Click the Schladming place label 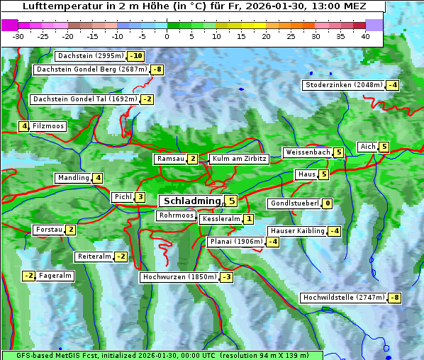click(x=191, y=201)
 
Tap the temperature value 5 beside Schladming click(x=232, y=201)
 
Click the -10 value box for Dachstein click(x=137, y=56)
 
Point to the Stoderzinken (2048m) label click(x=344, y=85)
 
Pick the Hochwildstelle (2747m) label click(x=344, y=298)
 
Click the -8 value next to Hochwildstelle click(x=395, y=298)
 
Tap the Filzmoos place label click(x=48, y=126)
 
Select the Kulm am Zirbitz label click(x=240, y=159)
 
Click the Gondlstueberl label click(x=294, y=203)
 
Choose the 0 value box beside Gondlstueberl click(x=327, y=203)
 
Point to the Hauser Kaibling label click(x=297, y=231)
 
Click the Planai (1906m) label click(x=236, y=242)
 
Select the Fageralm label click(x=55, y=276)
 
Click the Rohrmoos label click(x=177, y=215)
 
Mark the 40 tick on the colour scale click(x=365, y=35)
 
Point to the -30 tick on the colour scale click(x=18, y=35)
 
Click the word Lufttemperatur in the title click(x=60, y=6)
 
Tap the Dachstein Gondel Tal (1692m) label click(x=85, y=99)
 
